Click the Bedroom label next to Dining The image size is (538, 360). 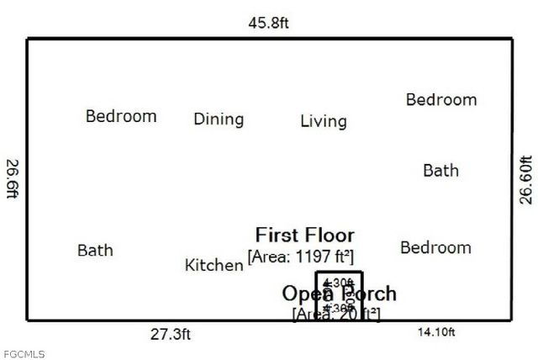coord(121,116)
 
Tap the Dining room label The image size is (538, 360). coord(219,119)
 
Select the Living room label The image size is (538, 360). coord(323,121)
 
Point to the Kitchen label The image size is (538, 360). coord(214,266)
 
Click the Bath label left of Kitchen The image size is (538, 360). coord(95,250)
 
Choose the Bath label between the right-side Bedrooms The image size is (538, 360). coord(440,171)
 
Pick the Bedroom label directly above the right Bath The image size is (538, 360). coord(440,99)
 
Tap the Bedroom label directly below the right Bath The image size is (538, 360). coord(435,247)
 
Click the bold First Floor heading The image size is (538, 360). coord(304,235)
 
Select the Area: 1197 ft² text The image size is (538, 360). coord(300,255)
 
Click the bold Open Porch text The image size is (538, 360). coord(339,294)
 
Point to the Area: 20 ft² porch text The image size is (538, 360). coord(335,314)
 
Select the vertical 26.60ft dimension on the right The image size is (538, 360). coord(525,179)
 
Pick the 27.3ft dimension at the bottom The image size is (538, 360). coord(171,334)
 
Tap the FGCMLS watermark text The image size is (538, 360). coord(24,354)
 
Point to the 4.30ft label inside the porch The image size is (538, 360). coord(339,283)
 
